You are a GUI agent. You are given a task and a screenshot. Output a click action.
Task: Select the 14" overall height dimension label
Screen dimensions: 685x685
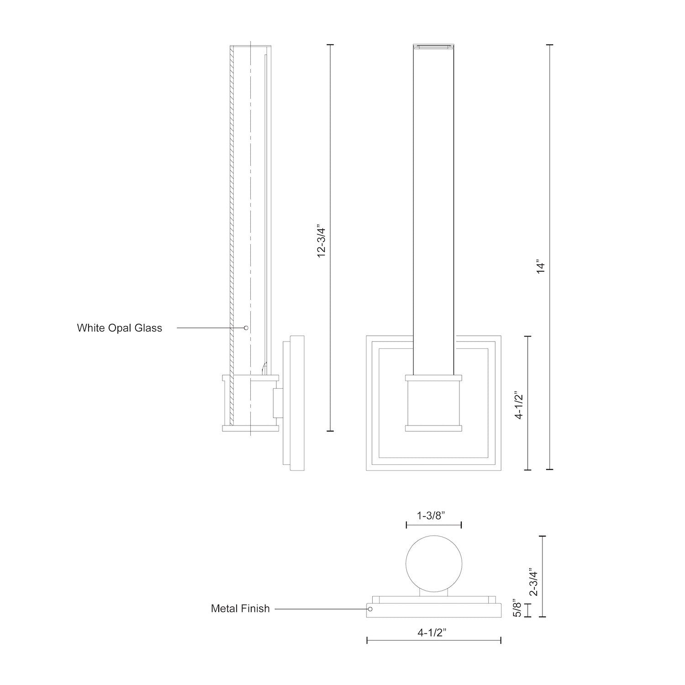click(x=541, y=267)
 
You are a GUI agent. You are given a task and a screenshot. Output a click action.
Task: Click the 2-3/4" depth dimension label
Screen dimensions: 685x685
click(x=533, y=582)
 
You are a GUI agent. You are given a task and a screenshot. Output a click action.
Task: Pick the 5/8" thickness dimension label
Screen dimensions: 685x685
click(x=517, y=608)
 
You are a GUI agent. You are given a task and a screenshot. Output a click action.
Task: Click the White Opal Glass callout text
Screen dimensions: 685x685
click(x=119, y=328)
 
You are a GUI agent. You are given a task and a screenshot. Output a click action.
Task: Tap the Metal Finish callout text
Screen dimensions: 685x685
click(x=240, y=609)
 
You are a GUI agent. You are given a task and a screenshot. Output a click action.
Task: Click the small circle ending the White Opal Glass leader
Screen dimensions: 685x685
click(x=246, y=328)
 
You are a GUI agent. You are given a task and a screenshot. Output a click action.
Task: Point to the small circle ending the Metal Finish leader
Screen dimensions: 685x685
click(x=370, y=609)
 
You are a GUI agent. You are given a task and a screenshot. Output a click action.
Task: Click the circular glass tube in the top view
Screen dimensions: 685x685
click(x=434, y=563)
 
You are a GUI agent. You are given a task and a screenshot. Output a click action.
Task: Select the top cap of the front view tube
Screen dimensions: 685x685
click(x=433, y=46)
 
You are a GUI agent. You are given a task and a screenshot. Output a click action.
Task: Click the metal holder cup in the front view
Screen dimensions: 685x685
click(x=433, y=403)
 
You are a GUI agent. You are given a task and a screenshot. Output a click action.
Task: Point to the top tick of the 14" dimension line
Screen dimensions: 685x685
click(x=550, y=45)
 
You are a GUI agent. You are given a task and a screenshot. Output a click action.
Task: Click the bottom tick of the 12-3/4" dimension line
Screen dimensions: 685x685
click(x=330, y=431)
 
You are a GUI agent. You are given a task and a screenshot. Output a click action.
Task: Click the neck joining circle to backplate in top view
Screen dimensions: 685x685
click(x=434, y=592)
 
